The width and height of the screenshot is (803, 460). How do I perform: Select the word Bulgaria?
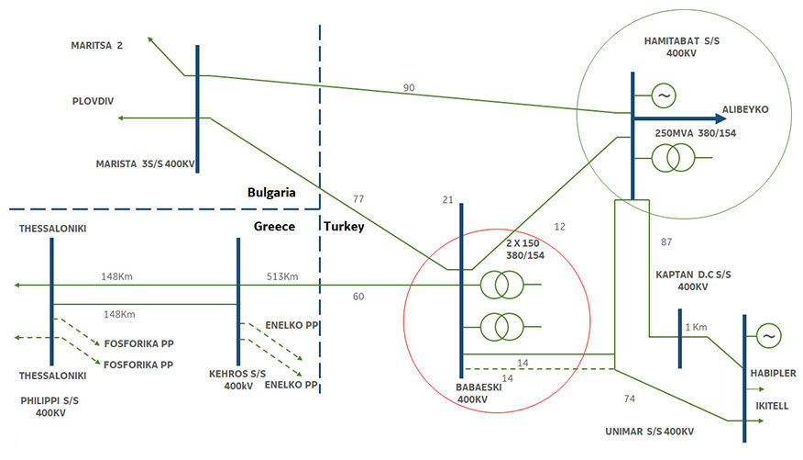(270, 193)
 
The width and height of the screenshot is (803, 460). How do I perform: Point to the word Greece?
(274, 225)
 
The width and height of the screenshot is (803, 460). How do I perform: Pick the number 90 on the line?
(410, 87)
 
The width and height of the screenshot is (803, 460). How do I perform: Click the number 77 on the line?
(358, 198)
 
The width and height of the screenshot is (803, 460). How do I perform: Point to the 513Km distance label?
(283, 276)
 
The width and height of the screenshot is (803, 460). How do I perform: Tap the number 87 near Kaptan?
(666, 241)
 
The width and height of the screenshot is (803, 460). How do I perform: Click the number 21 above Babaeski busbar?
(447, 201)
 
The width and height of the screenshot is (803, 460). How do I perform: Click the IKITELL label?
(767, 404)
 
